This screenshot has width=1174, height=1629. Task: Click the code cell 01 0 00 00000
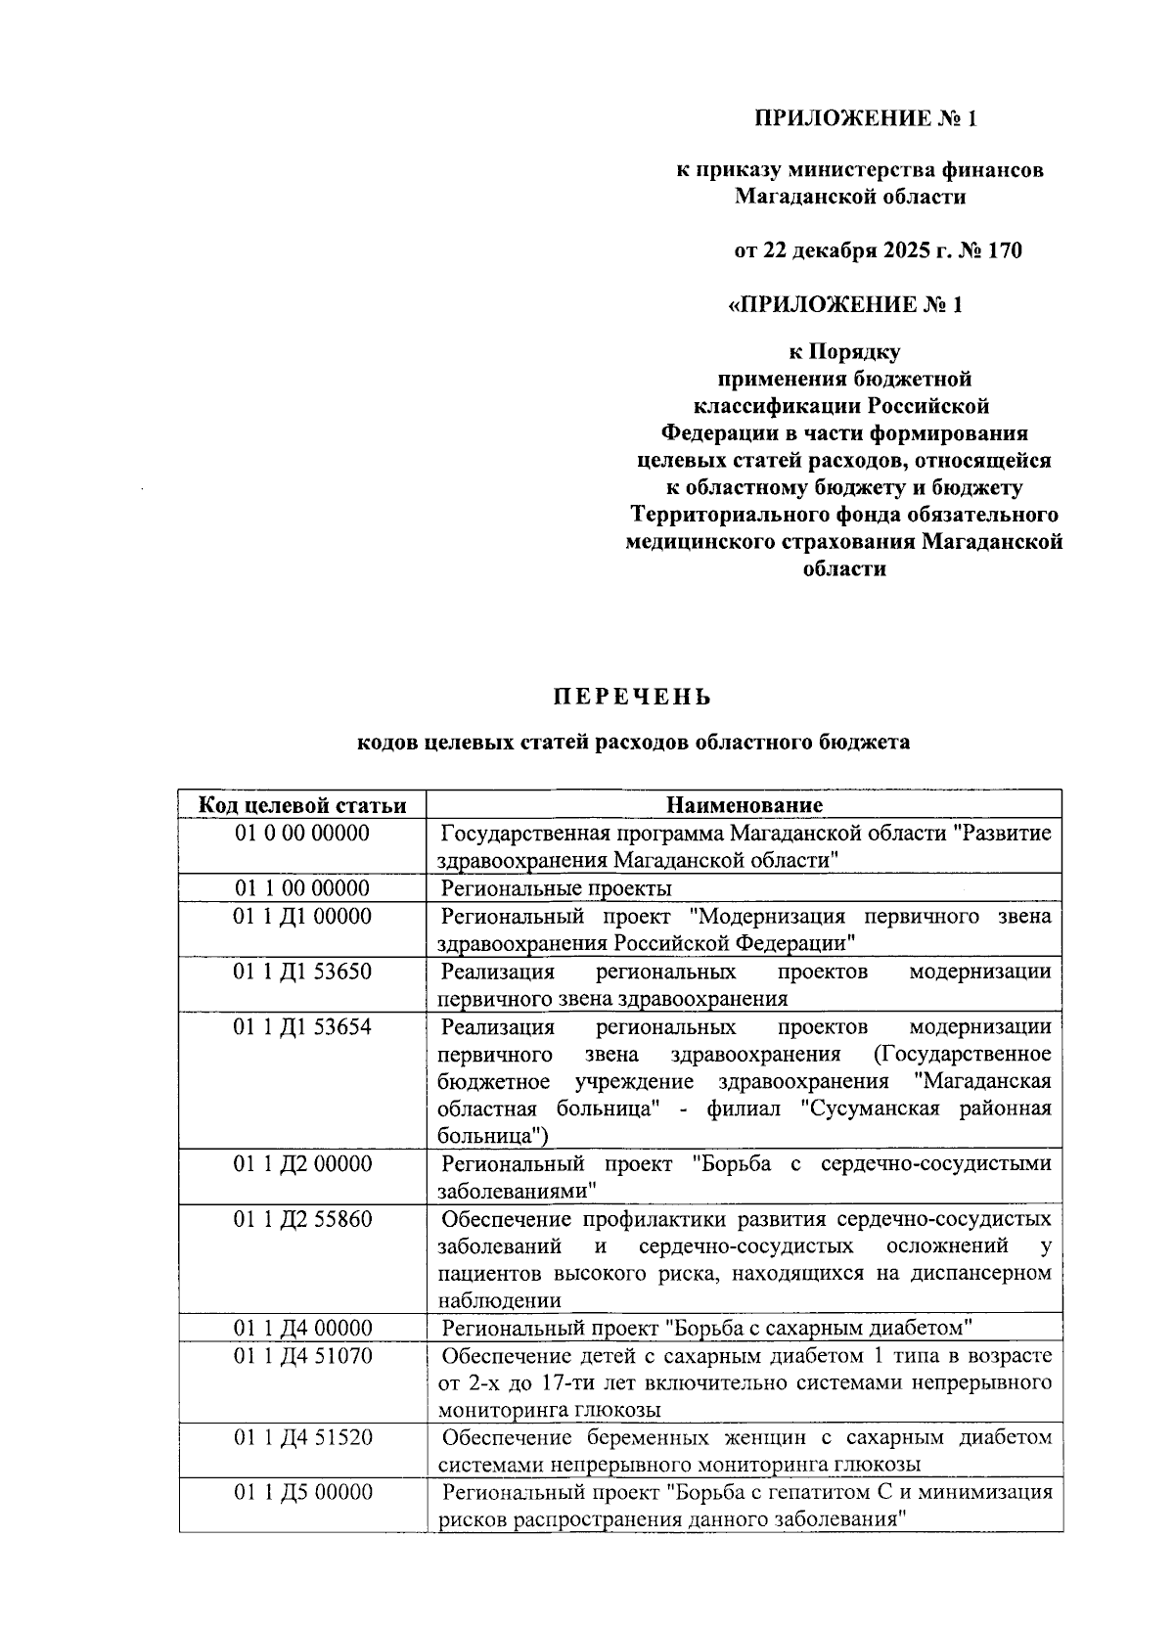tap(301, 834)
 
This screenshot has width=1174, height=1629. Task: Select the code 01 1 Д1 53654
tap(301, 1026)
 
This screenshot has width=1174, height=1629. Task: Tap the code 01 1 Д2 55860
tap(301, 1219)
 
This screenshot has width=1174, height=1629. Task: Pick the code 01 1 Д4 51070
tap(301, 1356)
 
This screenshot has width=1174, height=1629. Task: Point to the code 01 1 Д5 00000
tap(301, 1493)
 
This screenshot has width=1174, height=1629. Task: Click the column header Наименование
tap(745, 805)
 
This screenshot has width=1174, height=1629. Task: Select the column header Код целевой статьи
tap(301, 805)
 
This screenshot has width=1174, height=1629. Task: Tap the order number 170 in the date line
tap(1005, 250)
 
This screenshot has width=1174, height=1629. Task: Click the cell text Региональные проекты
tap(556, 888)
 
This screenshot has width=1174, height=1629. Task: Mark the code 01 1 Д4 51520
tap(301, 1438)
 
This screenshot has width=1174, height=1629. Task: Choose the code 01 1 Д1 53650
tap(301, 972)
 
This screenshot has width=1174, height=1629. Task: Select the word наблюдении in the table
tap(500, 1301)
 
